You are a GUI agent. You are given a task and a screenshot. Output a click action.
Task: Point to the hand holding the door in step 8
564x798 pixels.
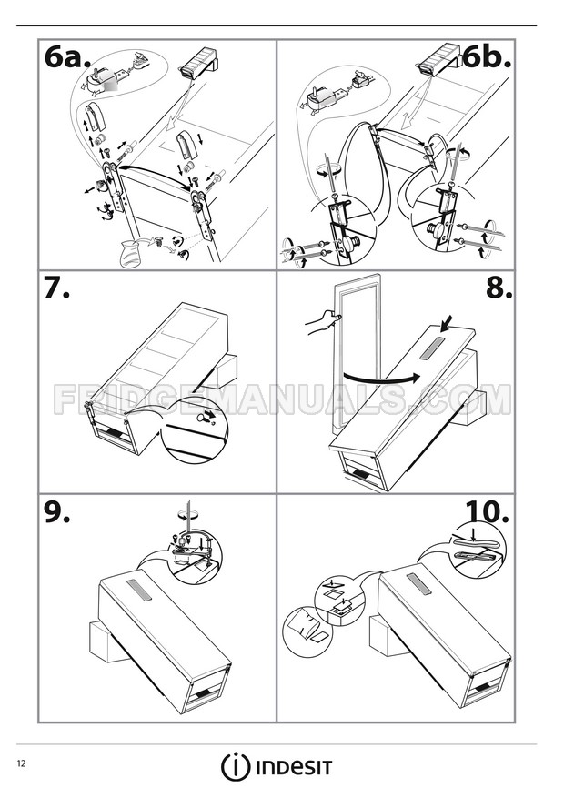[x=319, y=320]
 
